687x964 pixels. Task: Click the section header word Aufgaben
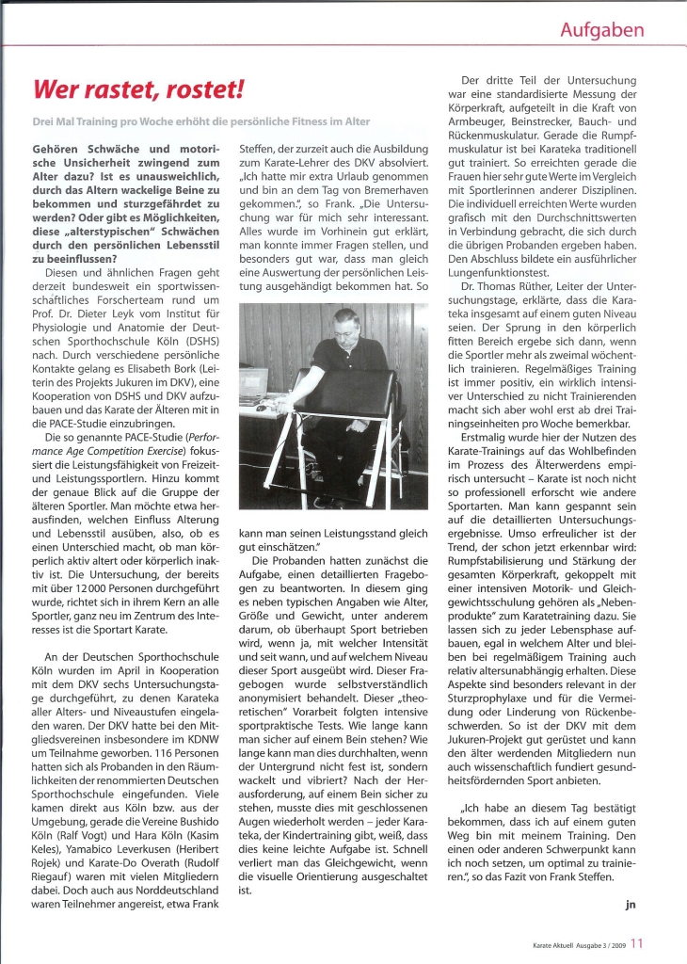tap(602, 30)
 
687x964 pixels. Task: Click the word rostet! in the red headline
tap(199, 90)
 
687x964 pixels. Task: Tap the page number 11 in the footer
tap(638, 941)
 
